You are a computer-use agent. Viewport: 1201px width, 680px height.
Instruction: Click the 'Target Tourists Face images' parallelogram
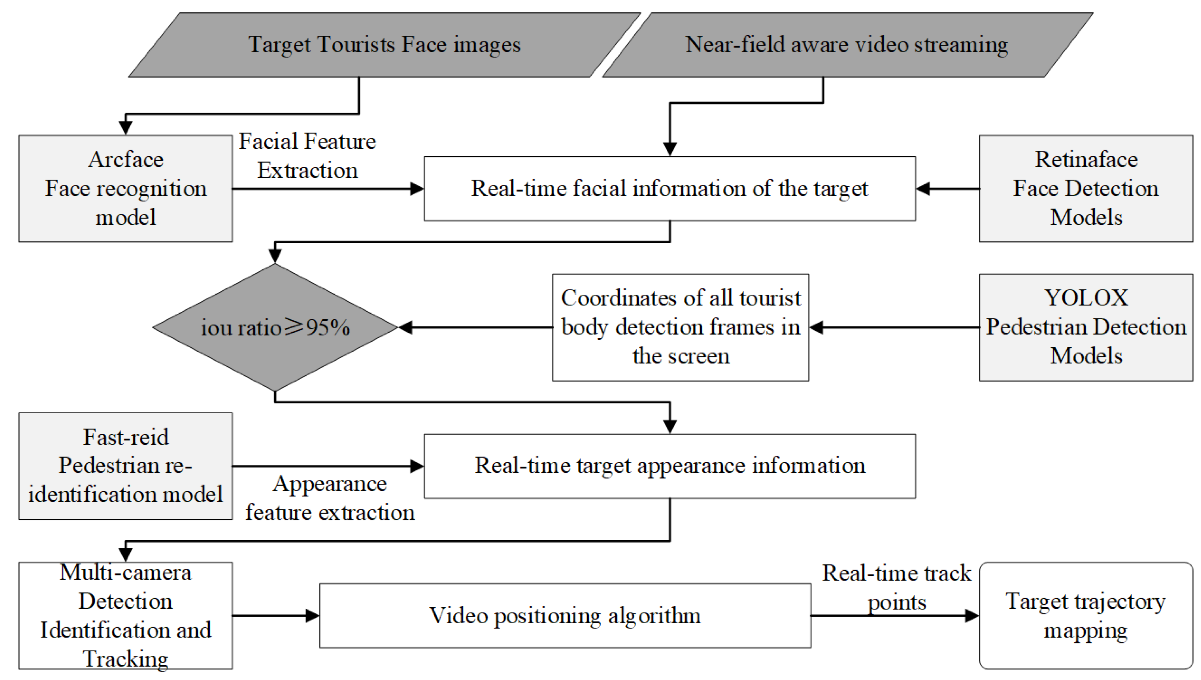[384, 45]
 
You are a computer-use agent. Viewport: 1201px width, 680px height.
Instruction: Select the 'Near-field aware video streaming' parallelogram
[847, 45]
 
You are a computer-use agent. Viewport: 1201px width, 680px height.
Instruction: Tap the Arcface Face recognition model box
[125, 189]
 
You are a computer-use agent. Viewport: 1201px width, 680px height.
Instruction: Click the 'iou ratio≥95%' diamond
[275, 328]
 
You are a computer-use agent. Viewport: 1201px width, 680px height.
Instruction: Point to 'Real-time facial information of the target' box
[669, 189]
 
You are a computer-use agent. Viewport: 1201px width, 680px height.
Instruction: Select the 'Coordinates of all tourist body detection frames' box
[680, 328]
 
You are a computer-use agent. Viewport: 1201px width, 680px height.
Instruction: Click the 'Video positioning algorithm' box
[565, 615]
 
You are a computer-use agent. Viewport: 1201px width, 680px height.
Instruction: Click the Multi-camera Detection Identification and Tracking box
[125, 615]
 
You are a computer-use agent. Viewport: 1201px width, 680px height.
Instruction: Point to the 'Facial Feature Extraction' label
[307, 156]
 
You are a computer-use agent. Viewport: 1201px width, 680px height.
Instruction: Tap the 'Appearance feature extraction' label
[330, 498]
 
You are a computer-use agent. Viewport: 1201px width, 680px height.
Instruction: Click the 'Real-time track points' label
[896, 587]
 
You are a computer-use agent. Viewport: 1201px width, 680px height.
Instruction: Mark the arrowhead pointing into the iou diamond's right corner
[406, 328]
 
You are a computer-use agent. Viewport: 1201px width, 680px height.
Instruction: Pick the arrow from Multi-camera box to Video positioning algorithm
[276, 615]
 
